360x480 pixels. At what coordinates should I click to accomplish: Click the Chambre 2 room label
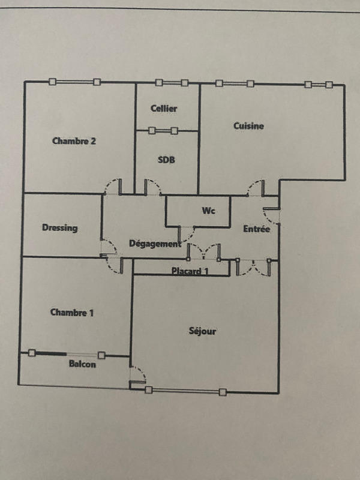coord(74,142)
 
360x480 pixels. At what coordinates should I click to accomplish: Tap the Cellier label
coord(164,109)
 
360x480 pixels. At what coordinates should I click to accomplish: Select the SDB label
coord(166,160)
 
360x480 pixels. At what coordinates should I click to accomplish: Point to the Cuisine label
coord(248,126)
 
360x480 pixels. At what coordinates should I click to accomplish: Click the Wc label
coord(209,211)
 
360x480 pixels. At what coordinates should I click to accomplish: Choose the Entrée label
coord(256,229)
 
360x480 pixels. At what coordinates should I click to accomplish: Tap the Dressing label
coord(60,228)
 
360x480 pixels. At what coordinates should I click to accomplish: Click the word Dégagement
coord(155,244)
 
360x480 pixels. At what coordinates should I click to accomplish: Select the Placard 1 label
coord(190,271)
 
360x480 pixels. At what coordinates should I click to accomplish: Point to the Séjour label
coord(202,331)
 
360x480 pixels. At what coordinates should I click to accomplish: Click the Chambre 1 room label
coord(72,312)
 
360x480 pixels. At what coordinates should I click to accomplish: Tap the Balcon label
coord(82,364)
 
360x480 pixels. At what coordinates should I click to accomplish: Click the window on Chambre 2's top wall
coord(75,82)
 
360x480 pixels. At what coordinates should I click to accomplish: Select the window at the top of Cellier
coord(172,83)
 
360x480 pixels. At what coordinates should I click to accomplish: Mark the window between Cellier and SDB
coord(163,130)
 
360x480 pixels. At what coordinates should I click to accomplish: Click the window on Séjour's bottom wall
coord(185,391)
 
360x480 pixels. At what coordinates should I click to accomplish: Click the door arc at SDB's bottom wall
coord(152,187)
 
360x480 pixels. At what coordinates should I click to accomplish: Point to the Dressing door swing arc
coord(109,246)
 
